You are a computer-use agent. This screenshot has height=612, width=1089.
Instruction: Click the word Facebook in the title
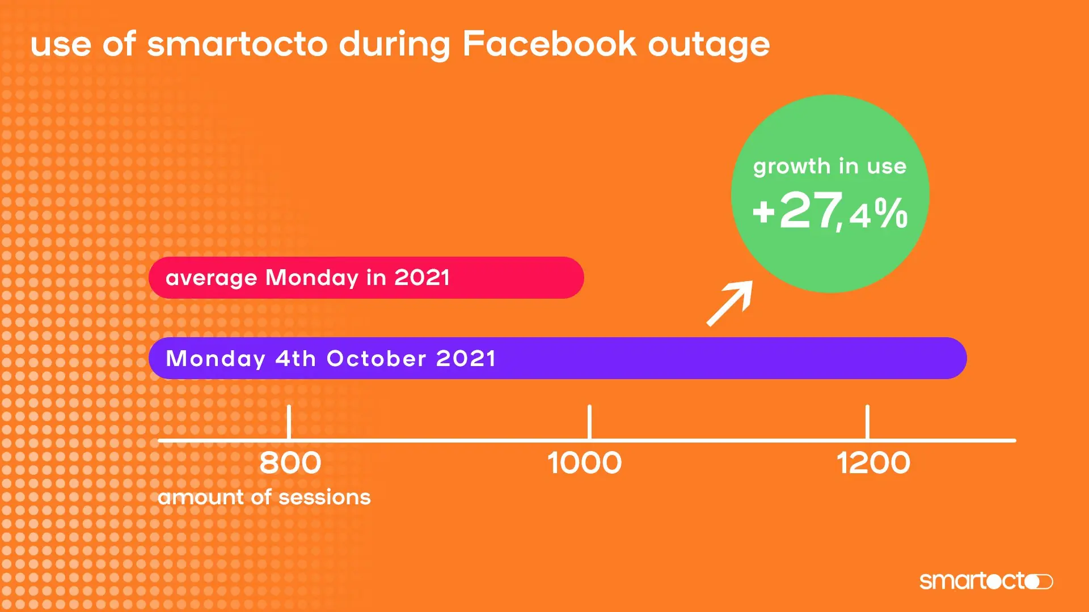click(x=549, y=44)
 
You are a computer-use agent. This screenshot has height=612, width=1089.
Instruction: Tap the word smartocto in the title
click(x=237, y=44)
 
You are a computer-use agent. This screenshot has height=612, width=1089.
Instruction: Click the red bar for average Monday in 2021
click(x=510, y=278)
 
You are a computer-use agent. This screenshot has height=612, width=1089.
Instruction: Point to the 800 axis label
click(x=290, y=463)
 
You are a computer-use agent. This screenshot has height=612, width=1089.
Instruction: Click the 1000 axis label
click(x=584, y=463)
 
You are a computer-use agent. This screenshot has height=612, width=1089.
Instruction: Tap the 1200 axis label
click(x=873, y=463)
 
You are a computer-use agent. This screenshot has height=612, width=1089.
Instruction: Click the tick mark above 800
click(x=289, y=422)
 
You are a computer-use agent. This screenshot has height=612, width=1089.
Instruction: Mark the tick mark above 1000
click(x=589, y=422)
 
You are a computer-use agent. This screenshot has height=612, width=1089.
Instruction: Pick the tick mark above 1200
click(x=867, y=422)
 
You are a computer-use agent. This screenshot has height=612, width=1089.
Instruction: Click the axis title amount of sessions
click(x=264, y=497)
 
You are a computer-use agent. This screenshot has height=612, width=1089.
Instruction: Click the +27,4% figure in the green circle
click(x=830, y=211)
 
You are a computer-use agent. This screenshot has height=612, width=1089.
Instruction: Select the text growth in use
click(x=830, y=167)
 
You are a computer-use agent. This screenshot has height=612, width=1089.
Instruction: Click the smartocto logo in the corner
click(x=986, y=581)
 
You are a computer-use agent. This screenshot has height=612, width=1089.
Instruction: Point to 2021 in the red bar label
click(x=422, y=278)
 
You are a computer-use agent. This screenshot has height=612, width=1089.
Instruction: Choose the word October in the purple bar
click(x=376, y=359)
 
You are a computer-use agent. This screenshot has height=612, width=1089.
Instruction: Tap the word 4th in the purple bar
click(x=296, y=359)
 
